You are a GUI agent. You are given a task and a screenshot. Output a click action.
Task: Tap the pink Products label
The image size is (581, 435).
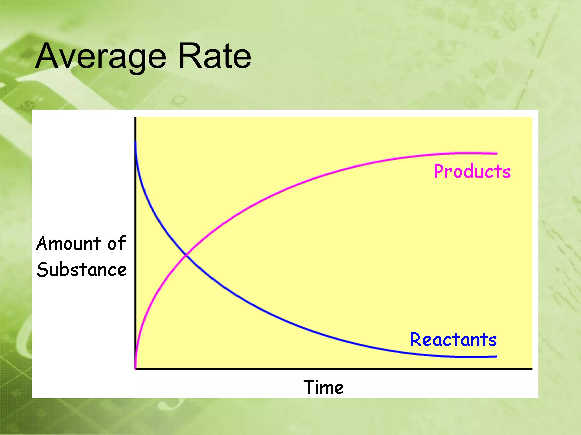tap(472, 171)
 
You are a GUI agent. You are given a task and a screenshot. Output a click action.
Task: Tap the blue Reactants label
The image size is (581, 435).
tap(453, 340)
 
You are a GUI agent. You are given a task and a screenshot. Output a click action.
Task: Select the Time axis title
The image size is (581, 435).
tap(323, 387)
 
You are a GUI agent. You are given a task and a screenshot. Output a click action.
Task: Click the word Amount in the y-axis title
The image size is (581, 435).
tap(69, 243)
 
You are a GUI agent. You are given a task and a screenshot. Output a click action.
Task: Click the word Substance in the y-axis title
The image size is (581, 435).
tap(82, 269)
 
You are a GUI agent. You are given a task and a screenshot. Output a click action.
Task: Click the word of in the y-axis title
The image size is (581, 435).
tap(117, 243)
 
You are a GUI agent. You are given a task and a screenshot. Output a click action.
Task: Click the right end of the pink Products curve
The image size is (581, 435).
tap(496, 153)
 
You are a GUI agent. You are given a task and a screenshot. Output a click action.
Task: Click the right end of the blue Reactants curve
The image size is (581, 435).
tap(496, 356)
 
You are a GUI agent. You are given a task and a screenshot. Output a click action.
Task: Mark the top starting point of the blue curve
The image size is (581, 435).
tap(136, 142)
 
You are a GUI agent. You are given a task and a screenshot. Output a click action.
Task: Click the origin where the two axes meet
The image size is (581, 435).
tap(136, 369)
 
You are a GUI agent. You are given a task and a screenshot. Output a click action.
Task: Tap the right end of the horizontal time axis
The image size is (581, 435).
tap(531, 369)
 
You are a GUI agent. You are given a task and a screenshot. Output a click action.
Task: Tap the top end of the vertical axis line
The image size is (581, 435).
tap(136, 118)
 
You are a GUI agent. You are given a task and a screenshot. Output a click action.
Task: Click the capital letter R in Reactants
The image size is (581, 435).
tap(415, 340)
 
